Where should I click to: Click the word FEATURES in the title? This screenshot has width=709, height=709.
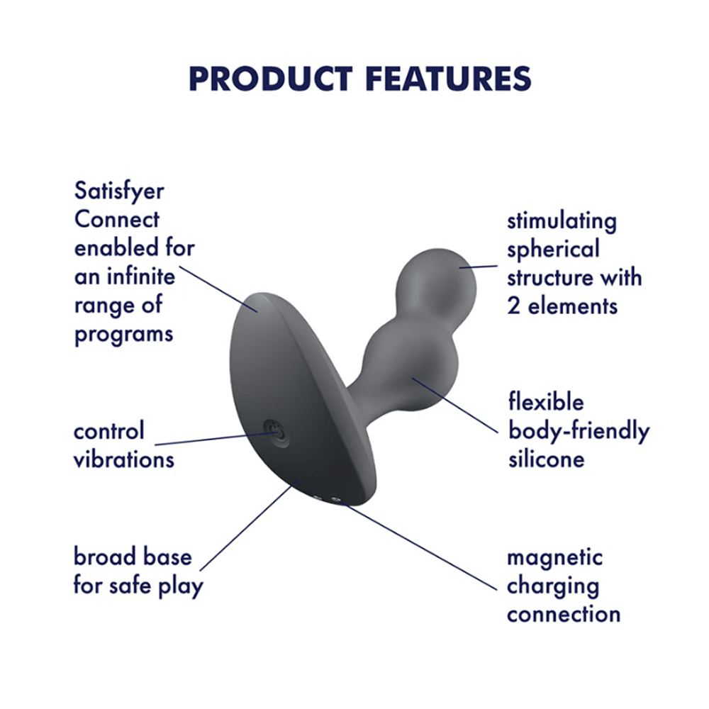point(448,79)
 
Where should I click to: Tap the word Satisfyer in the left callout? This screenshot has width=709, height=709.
point(119,193)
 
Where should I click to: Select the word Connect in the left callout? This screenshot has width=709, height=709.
point(117,220)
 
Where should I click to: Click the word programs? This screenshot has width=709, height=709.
point(123,334)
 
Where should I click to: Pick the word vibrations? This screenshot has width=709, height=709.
point(123,459)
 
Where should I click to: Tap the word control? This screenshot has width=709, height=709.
point(108,431)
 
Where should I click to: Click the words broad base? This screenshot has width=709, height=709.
point(133,557)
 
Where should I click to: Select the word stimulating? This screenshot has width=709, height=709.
point(562,220)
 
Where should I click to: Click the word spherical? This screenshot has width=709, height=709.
point(553,249)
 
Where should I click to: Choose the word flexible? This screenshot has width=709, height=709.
point(546,403)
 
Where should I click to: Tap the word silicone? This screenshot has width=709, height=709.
point(546,459)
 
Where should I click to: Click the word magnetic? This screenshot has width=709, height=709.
point(554,557)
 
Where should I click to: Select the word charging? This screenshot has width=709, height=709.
point(553,586)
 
